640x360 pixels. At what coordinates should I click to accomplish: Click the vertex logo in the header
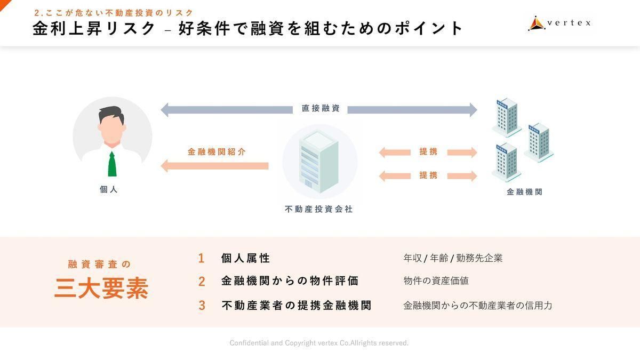pyautogui.click(x=559, y=23)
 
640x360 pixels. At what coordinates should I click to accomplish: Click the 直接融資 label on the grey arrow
pyautogui.click(x=321, y=109)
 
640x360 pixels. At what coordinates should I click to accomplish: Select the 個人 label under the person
pyautogui.click(x=109, y=189)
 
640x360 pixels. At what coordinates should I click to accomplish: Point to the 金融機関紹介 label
pyautogui.click(x=217, y=152)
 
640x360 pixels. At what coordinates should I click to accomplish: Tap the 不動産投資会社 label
pyautogui.click(x=319, y=210)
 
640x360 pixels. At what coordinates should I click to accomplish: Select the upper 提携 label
pyautogui.click(x=428, y=152)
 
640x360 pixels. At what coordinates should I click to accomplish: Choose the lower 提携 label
pyautogui.click(x=428, y=175)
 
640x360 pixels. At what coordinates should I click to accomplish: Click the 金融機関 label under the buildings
pyautogui.click(x=524, y=192)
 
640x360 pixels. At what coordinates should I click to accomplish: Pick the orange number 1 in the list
pyautogui.click(x=201, y=259)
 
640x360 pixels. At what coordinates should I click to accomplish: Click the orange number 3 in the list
pyautogui.click(x=202, y=306)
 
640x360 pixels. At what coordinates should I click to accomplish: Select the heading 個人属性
pyautogui.click(x=246, y=259)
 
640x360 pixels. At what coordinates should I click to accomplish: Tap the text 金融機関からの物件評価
pyautogui.click(x=290, y=281)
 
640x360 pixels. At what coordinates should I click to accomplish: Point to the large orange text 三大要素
pyautogui.click(x=101, y=289)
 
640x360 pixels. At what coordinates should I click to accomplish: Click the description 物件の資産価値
pyautogui.click(x=436, y=281)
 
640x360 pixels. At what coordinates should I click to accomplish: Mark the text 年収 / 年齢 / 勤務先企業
pyautogui.click(x=453, y=259)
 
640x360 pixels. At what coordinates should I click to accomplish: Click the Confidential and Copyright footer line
pyautogui.click(x=319, y=343)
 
